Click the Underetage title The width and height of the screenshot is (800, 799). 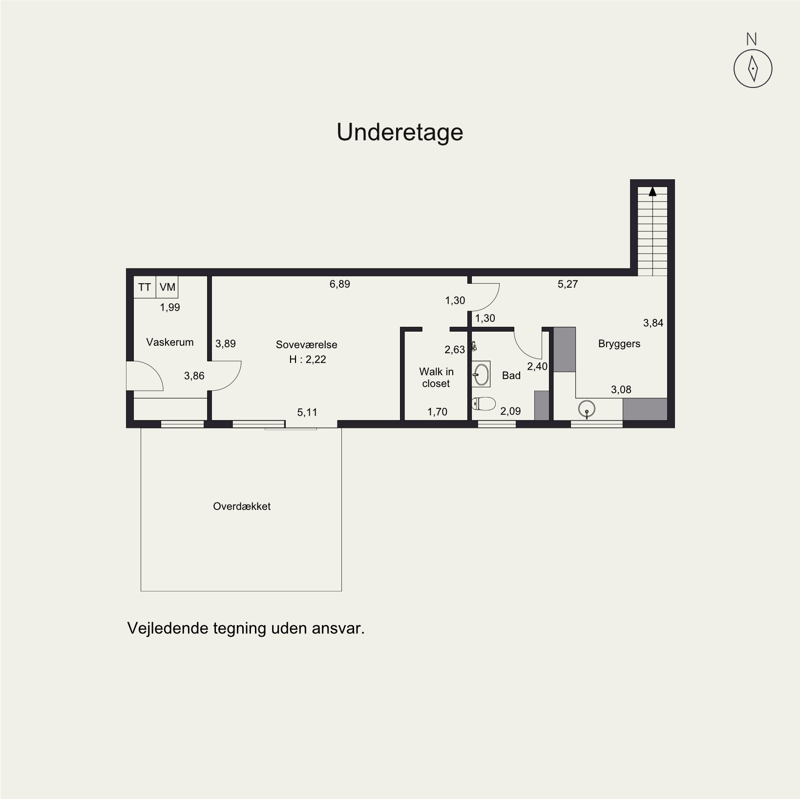coord(400,132)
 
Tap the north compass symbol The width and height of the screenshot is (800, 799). coord(753,69)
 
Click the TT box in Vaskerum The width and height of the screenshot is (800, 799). coord(145,287)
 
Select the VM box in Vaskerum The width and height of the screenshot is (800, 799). coord(167,287)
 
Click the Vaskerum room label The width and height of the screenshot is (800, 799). coord(170,342)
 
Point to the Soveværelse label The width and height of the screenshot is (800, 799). coord(307,344)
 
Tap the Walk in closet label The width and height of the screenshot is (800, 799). coord(436,378)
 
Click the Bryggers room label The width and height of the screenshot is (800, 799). coord(619,344)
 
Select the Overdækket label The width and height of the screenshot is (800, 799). coord(242,506)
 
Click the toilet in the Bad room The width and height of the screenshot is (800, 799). coord(484,404)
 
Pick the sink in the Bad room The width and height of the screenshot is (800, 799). coord(481,375)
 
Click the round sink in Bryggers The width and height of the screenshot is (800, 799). coord(587,408)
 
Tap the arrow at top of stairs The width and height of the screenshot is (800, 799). coord(653,191)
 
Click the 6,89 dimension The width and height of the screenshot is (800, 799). coord(340,284)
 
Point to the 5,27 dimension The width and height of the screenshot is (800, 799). coord(568,284)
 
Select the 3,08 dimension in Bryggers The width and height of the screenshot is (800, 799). coord(621,390)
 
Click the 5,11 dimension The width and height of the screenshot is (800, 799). coord(307,412)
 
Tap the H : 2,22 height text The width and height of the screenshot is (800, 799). coord(308,359)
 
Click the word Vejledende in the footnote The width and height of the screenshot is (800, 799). coord(168,628)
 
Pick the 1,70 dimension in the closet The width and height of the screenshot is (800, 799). coord(438,412)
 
